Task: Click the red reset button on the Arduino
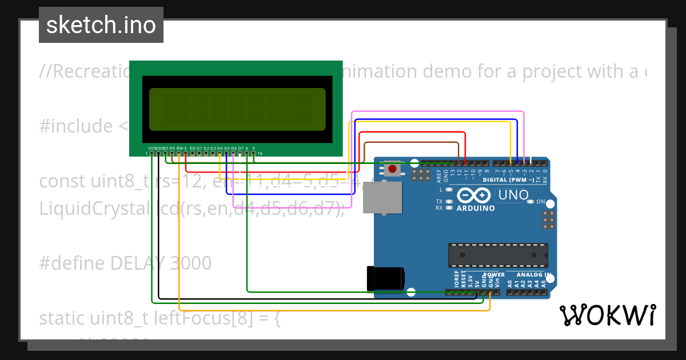click(x=392, y=169)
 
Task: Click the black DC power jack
click(x=386, y=278)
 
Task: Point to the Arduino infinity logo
click(x=474, y=196)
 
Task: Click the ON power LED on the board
click(x=531, y=202)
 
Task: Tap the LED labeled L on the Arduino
click(x=449, y=189)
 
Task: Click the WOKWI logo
click(x=607, y=315)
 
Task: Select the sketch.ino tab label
click(x=101, y=25)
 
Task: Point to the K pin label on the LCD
click(x=253, y=147)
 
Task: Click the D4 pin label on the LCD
click(x=220, y=147)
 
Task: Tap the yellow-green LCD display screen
click(x=237, y=109)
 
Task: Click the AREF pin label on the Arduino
click(x=439, y=175)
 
